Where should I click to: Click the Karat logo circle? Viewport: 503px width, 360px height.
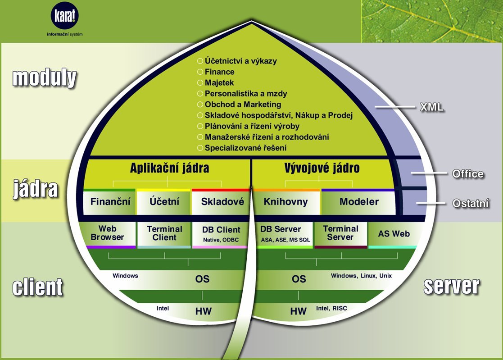[x=64, y=16]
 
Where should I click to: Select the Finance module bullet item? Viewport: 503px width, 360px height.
[x=216, y=72]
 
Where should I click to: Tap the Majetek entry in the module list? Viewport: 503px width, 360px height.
[x=216, y=83]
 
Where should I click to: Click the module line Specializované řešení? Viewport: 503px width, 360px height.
[x=242, y=148]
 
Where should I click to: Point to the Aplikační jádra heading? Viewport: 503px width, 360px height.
[x=169, y=168]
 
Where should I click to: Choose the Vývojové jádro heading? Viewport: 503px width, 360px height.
[x=322, y=168]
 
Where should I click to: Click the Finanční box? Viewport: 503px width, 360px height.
[x=109, y=202]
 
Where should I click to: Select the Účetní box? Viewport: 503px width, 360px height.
[x=164, y=202]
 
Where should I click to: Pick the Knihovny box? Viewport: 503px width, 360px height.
[x=286, y=202]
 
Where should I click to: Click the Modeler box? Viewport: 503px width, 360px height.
[x=358, y=202]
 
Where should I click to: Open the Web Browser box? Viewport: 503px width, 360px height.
[x=108, y=235]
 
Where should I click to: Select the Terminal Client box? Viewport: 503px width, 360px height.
[x=164, y=235]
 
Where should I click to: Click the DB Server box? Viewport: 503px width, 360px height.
[x=285, y=235]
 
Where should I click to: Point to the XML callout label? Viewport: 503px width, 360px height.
[x=432, y=107]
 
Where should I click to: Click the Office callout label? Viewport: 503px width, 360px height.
[x=468, y=174]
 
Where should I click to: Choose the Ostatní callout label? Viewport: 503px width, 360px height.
[x=471, y=203]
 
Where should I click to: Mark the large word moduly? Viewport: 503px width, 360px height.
[x=45, y=78]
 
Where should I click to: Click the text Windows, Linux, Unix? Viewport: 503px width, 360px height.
[x=361, y=276]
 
